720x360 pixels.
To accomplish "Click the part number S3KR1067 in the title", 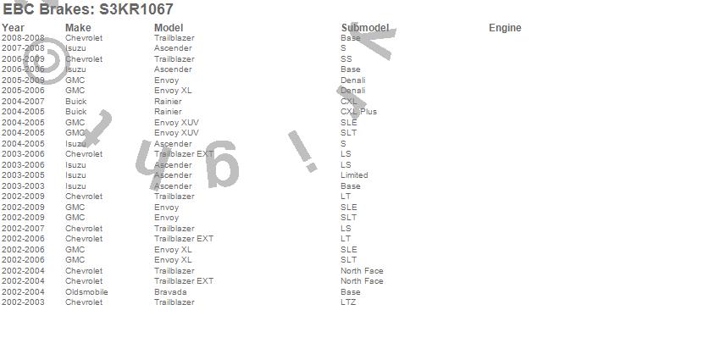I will click(136, 9).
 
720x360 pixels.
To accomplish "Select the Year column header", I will click(13, 28).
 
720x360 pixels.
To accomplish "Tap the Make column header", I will click(78, 28).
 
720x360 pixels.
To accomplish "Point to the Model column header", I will click(169, 28).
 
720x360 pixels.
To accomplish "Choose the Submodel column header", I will click(365, 28).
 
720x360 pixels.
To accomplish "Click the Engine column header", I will click(505, 28).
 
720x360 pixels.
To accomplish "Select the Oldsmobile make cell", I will click(86, 292).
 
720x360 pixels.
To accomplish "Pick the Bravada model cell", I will click(172, 292).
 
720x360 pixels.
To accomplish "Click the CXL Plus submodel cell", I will click(359, 112).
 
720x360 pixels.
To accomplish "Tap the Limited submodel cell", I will click(354, 175).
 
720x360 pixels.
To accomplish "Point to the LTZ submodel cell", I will click(348, 302).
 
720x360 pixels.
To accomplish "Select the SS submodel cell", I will click(346, 59).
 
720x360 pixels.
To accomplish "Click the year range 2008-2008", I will click(23, 38).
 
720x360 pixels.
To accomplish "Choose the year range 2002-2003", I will click(23, 302).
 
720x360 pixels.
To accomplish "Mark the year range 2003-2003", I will click(23, 186).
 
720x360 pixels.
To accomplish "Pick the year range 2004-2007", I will click(23, 102).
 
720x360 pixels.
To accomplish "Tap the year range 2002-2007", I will click(23, 229).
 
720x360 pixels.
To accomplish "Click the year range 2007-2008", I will click(23, 48).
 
